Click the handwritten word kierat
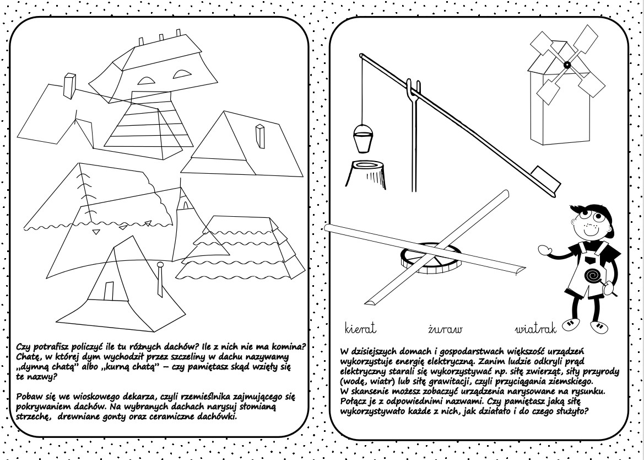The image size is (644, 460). coord(360,329)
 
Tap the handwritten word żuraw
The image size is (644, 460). coord(445,329)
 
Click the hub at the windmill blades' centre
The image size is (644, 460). coord(566,65)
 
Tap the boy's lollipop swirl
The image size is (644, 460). coord(592,275)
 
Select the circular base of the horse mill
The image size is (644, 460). coord(429,258)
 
